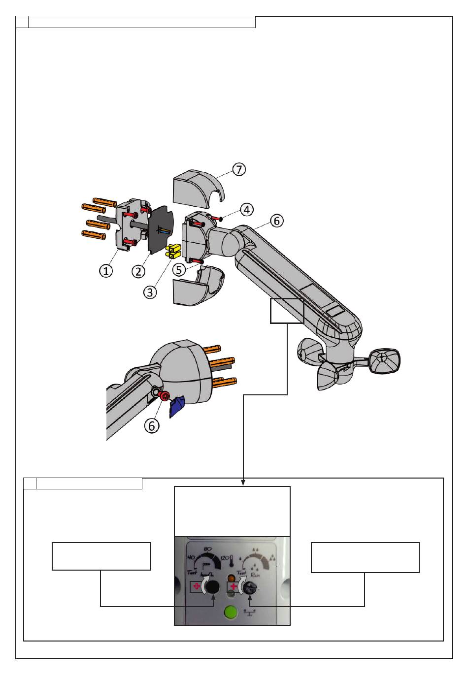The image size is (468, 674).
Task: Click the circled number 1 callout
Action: [105, 270]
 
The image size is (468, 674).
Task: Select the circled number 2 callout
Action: [138, 270]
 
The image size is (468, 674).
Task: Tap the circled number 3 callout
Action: [150, 291]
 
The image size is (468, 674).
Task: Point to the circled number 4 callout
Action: [246, 210]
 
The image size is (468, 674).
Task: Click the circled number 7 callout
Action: [238, 169]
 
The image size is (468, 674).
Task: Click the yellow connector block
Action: [173, 252]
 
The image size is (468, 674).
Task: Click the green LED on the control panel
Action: [230, 612]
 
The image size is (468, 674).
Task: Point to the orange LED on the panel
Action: [231, 577]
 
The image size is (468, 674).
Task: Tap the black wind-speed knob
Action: [212, 587]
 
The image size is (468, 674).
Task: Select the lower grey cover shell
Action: [197, 288]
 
